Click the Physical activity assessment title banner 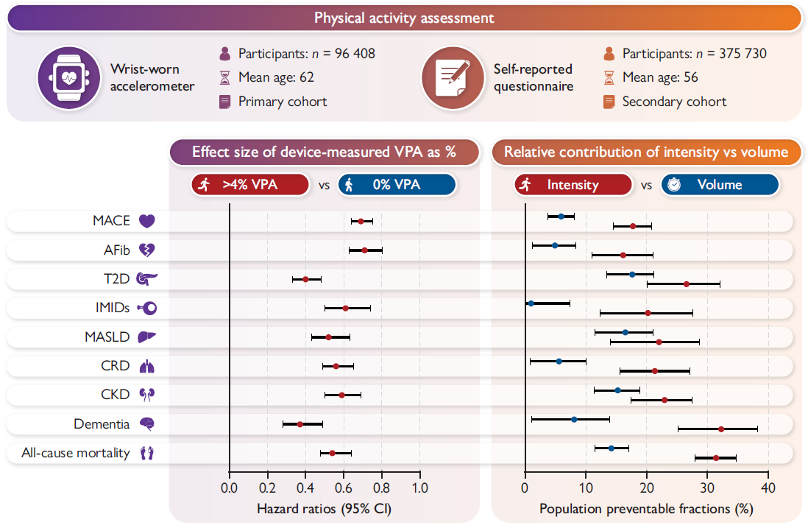pos(404,17)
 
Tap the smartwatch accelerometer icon pos(68,78)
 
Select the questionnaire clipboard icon pos(453,78)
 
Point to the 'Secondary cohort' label pos(674,102)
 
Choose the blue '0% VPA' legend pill pos(397,185)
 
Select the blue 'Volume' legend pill pos(720,185)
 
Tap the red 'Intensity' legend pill pos(573,185)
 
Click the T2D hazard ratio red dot pos(306,279)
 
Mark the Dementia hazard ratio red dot pos(300,424)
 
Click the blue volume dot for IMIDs pos(531,303)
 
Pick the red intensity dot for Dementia pos(721,429)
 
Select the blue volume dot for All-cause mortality pos(611,448)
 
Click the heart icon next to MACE pos(147,221)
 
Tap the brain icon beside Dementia pos(147,424)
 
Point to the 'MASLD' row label pos(107,337)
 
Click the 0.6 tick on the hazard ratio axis pos(344,487)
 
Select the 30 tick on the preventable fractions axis pos(707,487)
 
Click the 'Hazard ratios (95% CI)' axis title pos(325,509)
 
